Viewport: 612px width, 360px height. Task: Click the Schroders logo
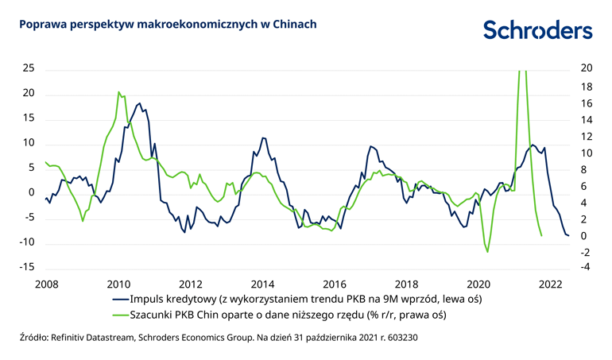coord(537,30)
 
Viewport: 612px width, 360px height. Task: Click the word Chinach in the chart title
coord(294,25)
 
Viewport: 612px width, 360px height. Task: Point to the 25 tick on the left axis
coord(29,68)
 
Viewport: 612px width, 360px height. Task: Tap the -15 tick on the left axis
coord(26,267)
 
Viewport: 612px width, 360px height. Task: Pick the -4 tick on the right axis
coord(587,267)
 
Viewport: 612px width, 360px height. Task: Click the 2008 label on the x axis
coord(46,284)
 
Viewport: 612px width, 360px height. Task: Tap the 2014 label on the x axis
coord(262,284)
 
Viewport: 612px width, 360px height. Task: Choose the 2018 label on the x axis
coord(407,284)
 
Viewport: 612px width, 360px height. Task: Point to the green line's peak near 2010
coord(118,92)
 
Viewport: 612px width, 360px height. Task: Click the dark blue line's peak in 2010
coord(140,103)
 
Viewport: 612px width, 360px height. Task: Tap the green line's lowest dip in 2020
coord(487,252)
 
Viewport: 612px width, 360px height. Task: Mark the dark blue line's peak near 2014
coord(263,138)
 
